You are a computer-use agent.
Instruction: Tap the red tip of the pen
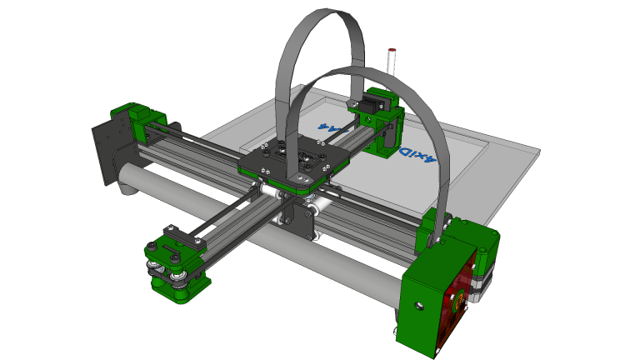tap(392, 52)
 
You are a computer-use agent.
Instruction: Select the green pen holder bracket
tap(386, 133)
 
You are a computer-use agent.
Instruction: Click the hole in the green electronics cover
tap(419, 306)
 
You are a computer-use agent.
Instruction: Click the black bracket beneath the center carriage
tap(300, 221)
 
